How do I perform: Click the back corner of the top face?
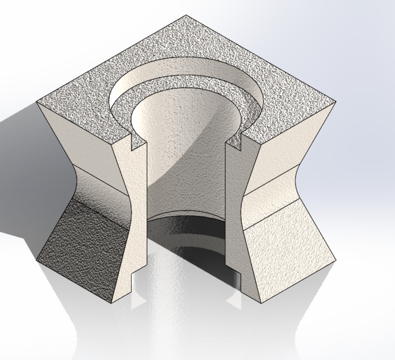(x=186, y=16)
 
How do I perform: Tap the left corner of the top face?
(x=37, y=102)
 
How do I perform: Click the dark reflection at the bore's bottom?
(x=186, y=231)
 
